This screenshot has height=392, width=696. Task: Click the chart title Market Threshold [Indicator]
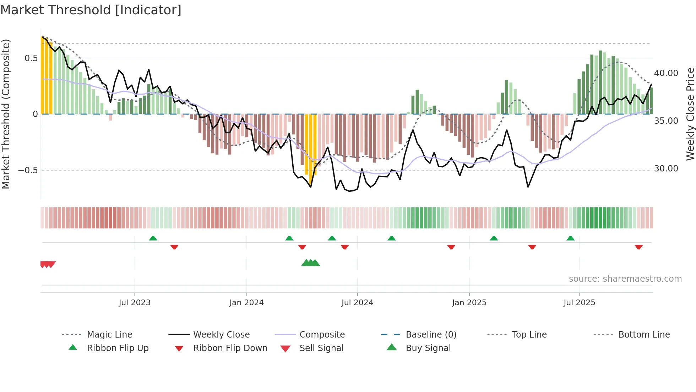pos(91,10)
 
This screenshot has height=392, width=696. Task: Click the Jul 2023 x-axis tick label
pos(135,303)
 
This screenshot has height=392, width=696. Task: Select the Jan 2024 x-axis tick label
pos(246,303)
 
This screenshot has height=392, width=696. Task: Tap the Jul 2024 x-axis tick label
pos(357,303)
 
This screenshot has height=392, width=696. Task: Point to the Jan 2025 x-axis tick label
pos(469,303)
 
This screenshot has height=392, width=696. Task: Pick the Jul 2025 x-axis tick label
pos(579,303)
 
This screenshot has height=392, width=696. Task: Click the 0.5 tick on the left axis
pos(31,58)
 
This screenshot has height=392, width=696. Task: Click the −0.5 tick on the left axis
pos(28,170)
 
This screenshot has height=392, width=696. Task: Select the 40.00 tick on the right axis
pos(666,73)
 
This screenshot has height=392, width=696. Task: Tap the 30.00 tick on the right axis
pos(666,169)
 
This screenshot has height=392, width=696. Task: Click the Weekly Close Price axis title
pos(690,114)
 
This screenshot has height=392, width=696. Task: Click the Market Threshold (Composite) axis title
pos(6,114)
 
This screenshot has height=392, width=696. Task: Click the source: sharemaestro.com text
pos(625,279)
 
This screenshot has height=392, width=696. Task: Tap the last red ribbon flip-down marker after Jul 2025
pos(638,247)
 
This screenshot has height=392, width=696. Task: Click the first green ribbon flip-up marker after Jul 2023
pos(153,238)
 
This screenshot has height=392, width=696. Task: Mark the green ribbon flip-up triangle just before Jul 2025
pos(570,238)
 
